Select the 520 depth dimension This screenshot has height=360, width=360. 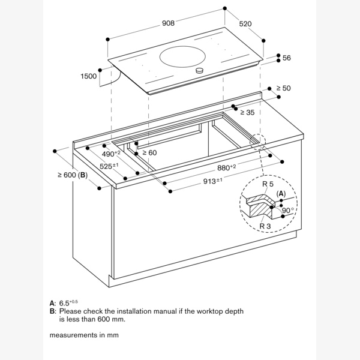click(245, 24)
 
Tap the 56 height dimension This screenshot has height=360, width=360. click(286, 58)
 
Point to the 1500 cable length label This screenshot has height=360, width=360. click(88, 76)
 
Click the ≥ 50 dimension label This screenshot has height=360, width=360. click(283, 88)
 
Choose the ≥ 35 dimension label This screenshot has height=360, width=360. click(247, 112)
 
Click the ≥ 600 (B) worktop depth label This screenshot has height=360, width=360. click(73, 175)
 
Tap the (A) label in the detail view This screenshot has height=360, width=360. click(281, 193)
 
